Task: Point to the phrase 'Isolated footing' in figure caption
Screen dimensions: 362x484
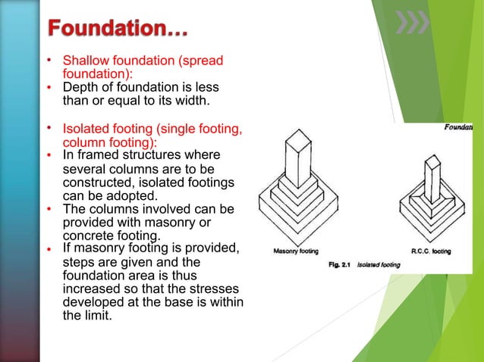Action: pos(379,264)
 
